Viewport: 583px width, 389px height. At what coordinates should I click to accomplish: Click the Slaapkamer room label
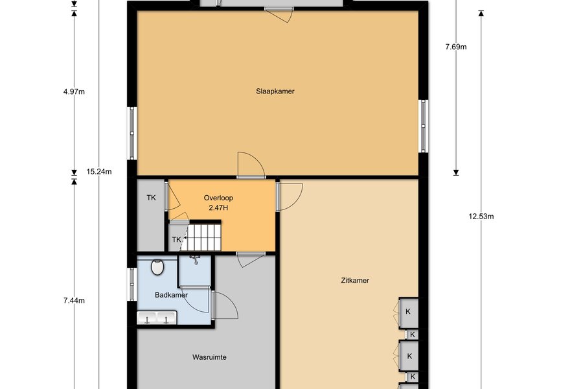pyautogui.click(x=275, y=91)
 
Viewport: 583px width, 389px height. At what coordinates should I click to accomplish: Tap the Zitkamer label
pyautogui.click(x=355, y=280)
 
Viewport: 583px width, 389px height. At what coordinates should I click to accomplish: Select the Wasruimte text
pyautogui.click(x=209, y=357)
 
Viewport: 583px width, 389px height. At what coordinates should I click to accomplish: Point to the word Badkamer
pyautogui.click(x=171, y=295)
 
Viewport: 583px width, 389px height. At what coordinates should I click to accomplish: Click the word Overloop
pyautogui.click(x=218, y=198)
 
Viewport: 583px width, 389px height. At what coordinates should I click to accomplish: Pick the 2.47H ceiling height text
pyautogui.click(x=218, y=208)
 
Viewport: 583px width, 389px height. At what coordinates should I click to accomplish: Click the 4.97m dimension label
pyautogui.click(x=74, y=91)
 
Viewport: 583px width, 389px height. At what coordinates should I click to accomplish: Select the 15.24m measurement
pyautogui.click(x=99, y=172)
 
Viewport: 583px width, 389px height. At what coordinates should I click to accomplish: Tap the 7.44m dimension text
pyautogui.click(x=74, y=300)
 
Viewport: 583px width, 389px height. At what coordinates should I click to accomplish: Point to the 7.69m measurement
pyautogui.click(x=456, y=47)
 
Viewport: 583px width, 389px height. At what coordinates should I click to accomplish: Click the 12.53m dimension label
pyautogui.click(x=481, y=217)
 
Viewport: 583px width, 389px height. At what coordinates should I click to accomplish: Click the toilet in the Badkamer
pyautogui.click(x=157, y=267)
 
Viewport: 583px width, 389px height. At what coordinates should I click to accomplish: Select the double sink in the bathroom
pyautogui.click(x=157, y=318)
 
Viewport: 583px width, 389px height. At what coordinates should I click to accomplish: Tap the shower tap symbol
pyautogui.click(x=195, y=260)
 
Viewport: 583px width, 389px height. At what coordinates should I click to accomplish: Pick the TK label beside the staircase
pyautogui.click(x=176, y=239)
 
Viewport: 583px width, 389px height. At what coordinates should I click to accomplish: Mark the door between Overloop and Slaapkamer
pyautogui.click(x=251, y=166)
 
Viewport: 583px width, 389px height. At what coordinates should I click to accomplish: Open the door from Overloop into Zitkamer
pyautogui.click(x=290, y=196)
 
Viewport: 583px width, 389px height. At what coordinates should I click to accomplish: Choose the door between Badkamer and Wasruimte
pyautogui.click(x=225, y=305)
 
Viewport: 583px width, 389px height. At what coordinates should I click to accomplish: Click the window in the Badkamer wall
pyautogui.click(x=132, y=284)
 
